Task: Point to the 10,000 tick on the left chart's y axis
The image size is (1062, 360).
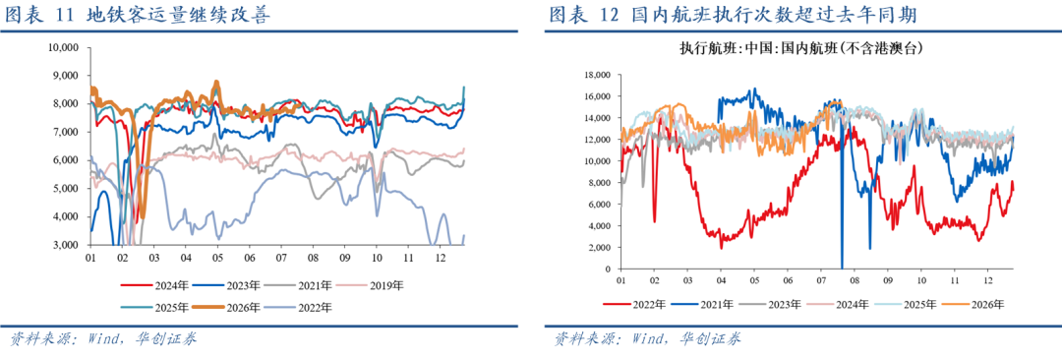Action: click(64, 47)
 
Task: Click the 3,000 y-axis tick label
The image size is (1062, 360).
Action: click(67, 245)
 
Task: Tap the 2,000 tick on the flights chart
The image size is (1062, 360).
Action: click(599, 248)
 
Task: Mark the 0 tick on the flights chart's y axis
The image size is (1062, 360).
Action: click(609, 270)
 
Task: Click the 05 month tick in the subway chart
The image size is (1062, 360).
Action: click(217, 259)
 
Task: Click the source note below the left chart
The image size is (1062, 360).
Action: click(101, 338)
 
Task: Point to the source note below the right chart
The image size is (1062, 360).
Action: click(647, 338)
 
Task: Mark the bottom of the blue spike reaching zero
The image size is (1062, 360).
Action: click(842, 269)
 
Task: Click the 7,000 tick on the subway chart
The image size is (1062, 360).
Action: click(67, 132)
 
